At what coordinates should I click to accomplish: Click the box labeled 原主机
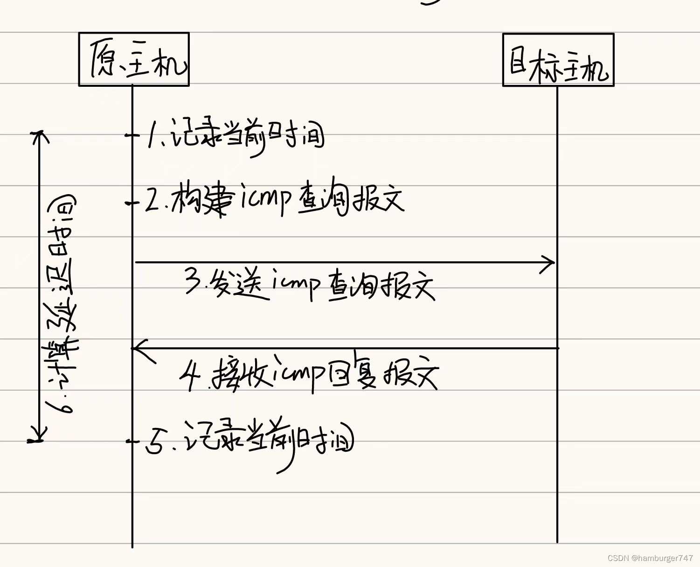pos(134,59)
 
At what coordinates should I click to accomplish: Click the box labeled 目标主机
pos(558,60)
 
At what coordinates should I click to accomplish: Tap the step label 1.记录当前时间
pos(236,136)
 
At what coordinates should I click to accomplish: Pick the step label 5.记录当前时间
pos(250,441)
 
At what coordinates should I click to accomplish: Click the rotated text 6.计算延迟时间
pos(62,303)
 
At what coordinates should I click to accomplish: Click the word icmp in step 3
pos(297,283)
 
